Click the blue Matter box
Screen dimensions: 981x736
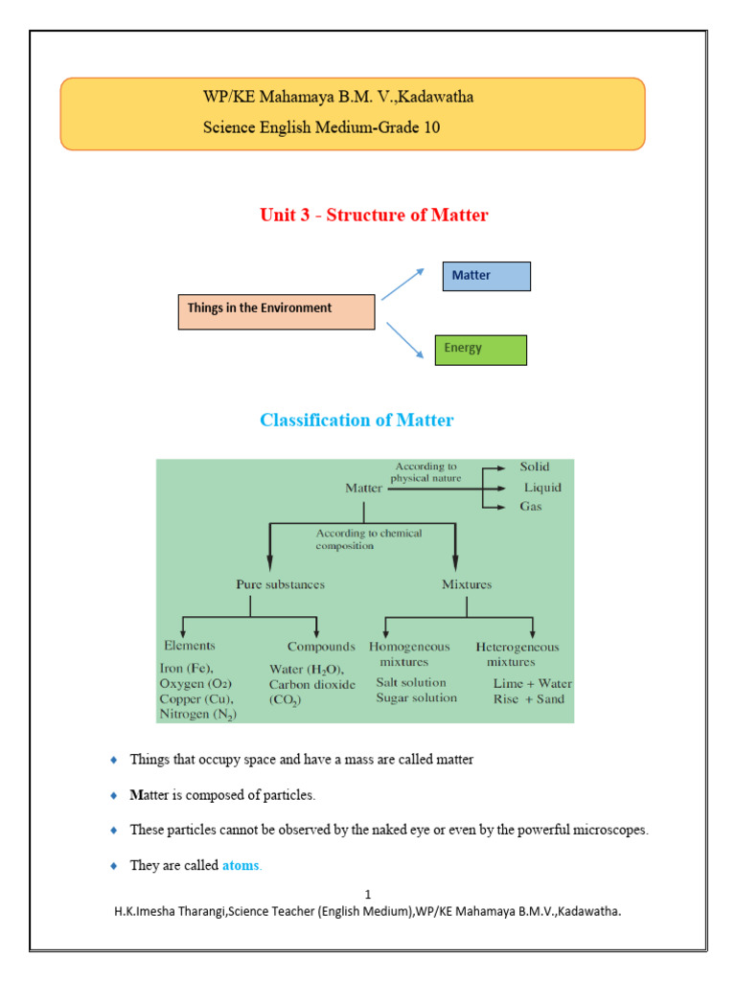(x=485, y=276)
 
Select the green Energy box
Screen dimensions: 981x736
(x=480, y=350)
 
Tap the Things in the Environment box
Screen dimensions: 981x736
(x=276, y=311)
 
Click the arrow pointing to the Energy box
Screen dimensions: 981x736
(x=404, y=341)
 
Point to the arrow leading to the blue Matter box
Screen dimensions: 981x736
(x=402, y=284)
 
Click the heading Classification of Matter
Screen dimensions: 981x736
(x=356, y=421)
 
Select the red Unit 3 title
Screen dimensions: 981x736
(x=374, y=216)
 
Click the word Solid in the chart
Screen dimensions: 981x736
(x=535, y=467)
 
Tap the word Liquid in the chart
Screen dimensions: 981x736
(x=541, y=488)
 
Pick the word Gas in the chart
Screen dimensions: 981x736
(x=530, y=506)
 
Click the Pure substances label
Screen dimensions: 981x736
(x=280, y=584)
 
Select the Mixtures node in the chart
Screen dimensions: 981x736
(x=467, y=584)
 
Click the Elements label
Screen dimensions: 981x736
(x=190, y=647)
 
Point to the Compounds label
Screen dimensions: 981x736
(x=321, y=647)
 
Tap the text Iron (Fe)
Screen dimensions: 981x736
(x=187, y=669)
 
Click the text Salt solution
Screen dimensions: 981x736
(x=411, y=683)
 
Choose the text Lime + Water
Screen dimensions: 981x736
(x=532, y=684)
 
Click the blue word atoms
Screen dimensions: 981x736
(x=241, y=866)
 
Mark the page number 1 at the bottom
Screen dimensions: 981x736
(x=367, y=895)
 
